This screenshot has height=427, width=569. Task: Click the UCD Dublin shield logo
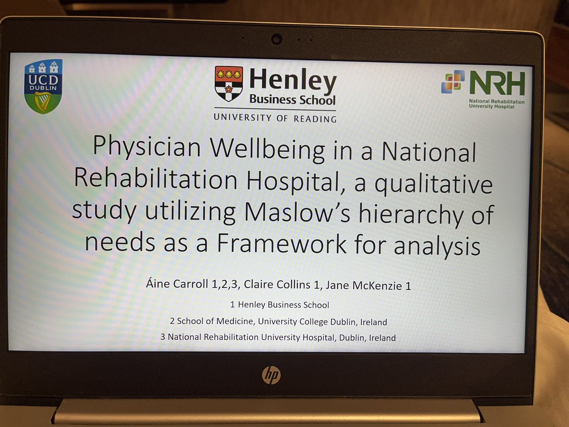coord(43,86)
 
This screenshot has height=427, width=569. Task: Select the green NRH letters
coord(497,84)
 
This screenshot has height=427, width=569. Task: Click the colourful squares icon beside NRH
coord(453,82)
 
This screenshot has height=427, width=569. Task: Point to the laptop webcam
coord(276,39)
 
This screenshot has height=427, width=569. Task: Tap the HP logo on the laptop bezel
coord(271,375)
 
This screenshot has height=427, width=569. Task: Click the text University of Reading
coord(275,118)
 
